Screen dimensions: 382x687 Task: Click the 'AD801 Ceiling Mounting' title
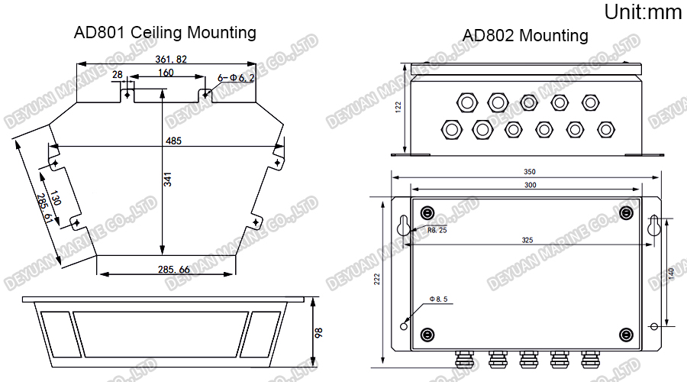(165, 33)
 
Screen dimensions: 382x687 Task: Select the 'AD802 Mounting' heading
(525, 36)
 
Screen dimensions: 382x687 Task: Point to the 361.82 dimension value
(171, 59)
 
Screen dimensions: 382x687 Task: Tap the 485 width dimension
(173, 140)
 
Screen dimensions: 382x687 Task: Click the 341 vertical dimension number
(168, 180)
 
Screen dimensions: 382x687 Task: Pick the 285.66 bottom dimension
(173, 270)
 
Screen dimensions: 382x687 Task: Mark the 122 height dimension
(398, 107)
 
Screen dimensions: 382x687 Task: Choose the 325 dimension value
(527, 240)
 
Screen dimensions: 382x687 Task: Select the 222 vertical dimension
(377, 280)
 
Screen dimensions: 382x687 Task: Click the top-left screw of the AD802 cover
(427, 212)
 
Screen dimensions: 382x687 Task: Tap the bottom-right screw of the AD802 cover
(626, 334)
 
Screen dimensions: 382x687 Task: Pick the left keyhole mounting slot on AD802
(403, 224)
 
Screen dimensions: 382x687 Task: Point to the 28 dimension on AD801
(117, 74)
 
